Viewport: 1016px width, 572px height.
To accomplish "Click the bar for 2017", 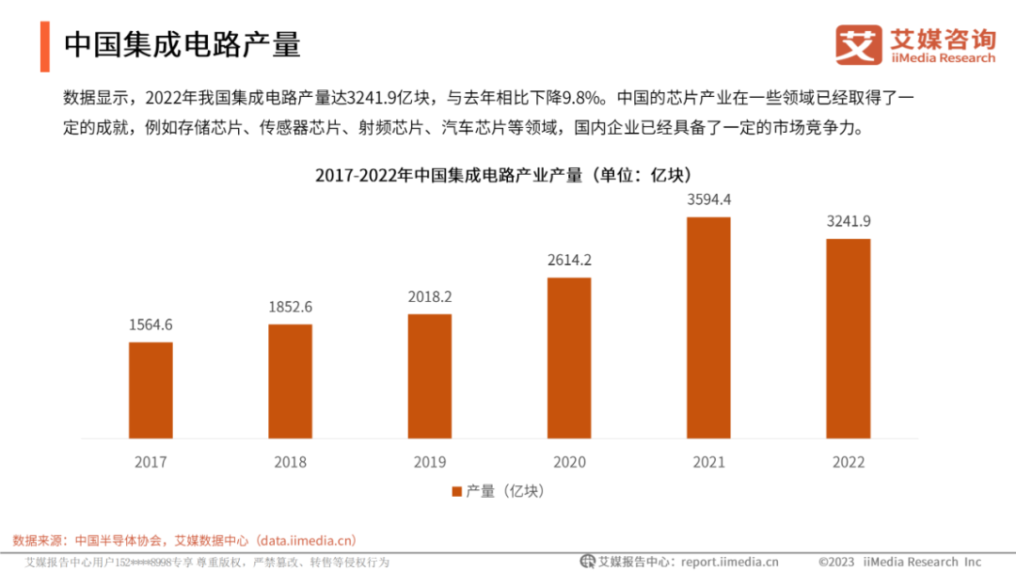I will (151, 389).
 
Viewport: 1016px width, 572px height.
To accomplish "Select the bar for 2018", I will (290, 381).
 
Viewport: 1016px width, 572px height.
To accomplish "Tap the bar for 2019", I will (429, 375).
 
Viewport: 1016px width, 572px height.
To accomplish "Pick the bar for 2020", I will (569, 357).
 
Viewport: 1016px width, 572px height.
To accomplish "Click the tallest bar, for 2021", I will (708, 327).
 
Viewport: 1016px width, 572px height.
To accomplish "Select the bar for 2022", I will (848, 339).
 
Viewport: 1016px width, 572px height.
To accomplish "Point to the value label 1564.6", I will (151, 326).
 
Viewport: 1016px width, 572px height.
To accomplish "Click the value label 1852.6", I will (290, 307).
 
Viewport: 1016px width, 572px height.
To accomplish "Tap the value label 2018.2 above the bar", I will (429, 296).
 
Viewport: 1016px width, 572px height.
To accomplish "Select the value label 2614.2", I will (569, 261).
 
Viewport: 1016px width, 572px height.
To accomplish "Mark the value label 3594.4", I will (708, 199).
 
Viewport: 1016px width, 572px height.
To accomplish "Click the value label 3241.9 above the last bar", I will (848, 221).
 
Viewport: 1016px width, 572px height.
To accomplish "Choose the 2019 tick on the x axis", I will (429, 462).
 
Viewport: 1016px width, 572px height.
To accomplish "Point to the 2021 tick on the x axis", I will (708, 462).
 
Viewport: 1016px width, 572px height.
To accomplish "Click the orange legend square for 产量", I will (457, 491).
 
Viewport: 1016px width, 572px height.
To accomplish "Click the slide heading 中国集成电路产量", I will (183, 45).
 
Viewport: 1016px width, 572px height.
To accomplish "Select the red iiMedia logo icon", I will (859, 45).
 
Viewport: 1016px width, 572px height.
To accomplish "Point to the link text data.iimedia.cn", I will (306, 540).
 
